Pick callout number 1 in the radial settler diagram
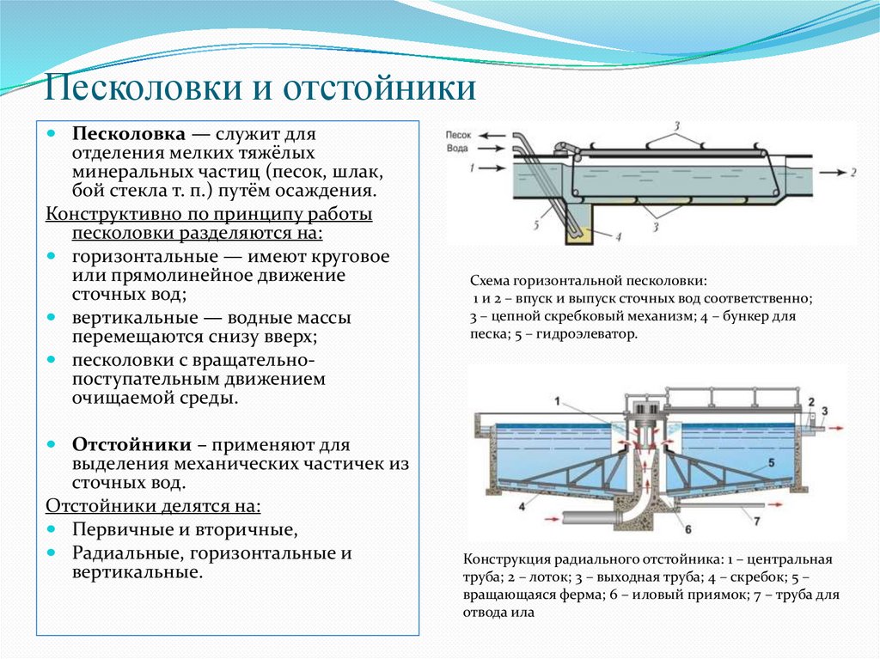coord(557,400)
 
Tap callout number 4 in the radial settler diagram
coord(521,506)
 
